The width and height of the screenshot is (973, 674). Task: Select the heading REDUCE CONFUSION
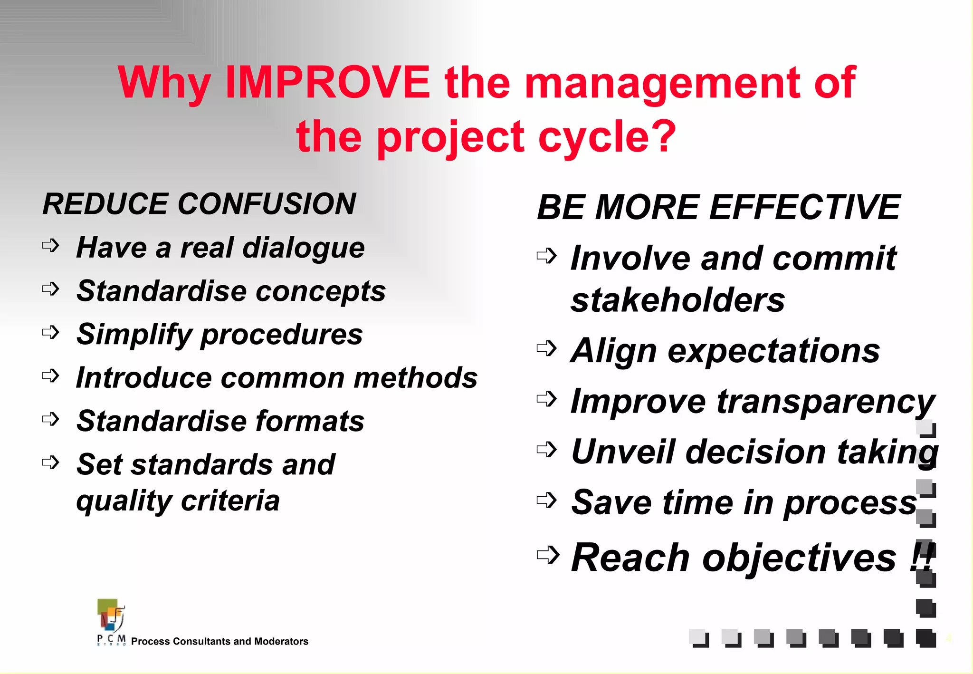[199, 204]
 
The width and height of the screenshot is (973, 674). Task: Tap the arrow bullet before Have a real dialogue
[50, 246]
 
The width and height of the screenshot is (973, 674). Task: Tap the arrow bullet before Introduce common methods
[50, 376]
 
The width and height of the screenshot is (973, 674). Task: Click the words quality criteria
[178, 501]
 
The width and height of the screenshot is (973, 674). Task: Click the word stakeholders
[677, 300]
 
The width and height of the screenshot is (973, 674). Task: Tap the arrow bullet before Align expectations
[546, 348]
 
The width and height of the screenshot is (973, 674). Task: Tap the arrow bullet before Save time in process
[546, 500]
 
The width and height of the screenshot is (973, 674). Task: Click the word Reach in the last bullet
[630, 558]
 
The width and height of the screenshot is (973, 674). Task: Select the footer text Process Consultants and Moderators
[219, 642]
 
